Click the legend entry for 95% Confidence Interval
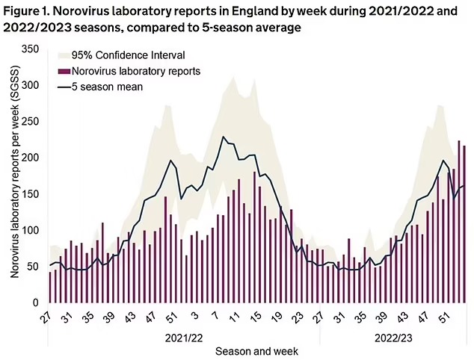[x=126, y=56]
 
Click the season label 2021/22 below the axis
[x=182, y=337]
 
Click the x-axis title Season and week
[x=256, y=351]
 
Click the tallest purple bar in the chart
[x=459, y=221]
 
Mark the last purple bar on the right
[x=464, y=224]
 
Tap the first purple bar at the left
[x=50, y=288]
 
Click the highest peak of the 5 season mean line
[x=223, y=137]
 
